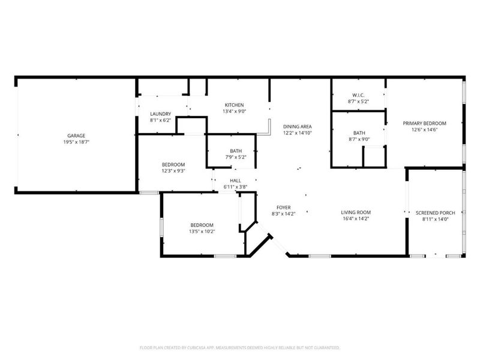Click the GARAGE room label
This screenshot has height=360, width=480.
[x=76, y=136]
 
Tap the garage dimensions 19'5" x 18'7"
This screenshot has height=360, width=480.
[x=76, y=142]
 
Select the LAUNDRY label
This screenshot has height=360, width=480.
[x=160, y=114]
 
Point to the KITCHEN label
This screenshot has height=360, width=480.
[x=234, y=105]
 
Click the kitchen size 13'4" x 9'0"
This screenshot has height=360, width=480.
[x=234, y=112]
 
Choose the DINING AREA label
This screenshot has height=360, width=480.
[x=297, y=127]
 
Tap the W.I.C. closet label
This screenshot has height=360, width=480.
[x=358, y=95]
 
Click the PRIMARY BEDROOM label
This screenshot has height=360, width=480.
[x=424, y=124]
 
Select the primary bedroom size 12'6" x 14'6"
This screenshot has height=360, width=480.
[x=424, y=130]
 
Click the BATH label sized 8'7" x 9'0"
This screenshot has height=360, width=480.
[x=359, y=133]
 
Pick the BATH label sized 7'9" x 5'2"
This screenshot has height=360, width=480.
[x=236, y=151]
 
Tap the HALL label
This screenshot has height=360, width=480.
[x=235, y=181]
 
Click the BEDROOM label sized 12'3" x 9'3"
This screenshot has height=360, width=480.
[x=173, y=164]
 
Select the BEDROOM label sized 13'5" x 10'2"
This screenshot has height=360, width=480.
[x=202, y=225]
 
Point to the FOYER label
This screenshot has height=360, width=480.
[x=283, y=208]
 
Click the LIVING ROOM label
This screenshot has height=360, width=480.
[x=356, y=212]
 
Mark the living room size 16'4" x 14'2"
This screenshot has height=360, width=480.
[x=356, y=219]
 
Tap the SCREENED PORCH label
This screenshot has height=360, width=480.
[x=436, y=213]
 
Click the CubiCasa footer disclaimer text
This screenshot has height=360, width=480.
[x=239, y=348]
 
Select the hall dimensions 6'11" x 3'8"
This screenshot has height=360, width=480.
[x=235, y=187]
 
